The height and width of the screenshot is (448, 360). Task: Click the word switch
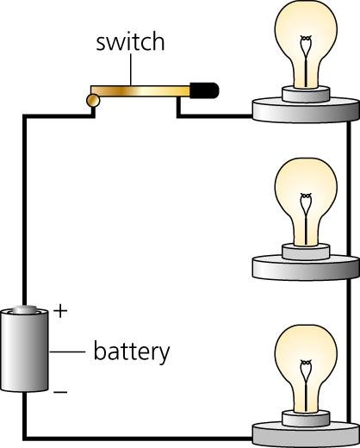pyautogui.click(x=130, y=42)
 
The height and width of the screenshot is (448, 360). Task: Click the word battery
pyautogui.click(x=132, y=352)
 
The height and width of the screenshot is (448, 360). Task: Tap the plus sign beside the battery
pyautogui.click(x=60, y=311)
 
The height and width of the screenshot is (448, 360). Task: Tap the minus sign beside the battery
pyautogui.click(x=60, y=392)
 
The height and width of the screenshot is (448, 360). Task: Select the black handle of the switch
pyautogui.click(x=204, y=90)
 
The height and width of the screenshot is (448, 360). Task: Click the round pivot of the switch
pyautogui.click(x=93, y=101)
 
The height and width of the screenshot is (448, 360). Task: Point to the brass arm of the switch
pyautogui.click(x=140, y=91)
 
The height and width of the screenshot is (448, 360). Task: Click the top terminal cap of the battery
pyautogui.click(x=24, y=309)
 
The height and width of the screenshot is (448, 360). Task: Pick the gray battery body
pyautogui.click(x=24, y=351)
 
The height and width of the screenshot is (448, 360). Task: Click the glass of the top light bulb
pyautogui.click(x=306, y=43)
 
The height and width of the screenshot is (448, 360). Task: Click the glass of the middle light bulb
pyautogui.click(x=306, y=201)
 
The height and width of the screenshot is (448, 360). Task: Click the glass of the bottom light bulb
pyautogui.click(x=306, y=368)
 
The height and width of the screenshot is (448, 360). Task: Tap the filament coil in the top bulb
pyautogui.click(x=306, y=39)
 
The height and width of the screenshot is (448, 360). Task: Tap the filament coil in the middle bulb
pyautogui.click(x=306, y=196)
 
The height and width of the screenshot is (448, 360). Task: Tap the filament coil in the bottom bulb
pyautogui.click(x=306, y=364)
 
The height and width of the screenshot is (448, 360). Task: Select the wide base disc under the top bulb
pyautogui.click(x=306, y=110)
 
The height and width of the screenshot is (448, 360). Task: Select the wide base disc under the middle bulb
pyautogui.click(x=306, y=268)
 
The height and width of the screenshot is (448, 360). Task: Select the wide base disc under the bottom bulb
pyautogui.click(x=306, y=434)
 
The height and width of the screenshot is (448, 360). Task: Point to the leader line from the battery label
pyautogui.click(x=67, y=352)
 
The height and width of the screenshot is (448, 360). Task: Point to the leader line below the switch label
pyautogui.click(x=131, y=70)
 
